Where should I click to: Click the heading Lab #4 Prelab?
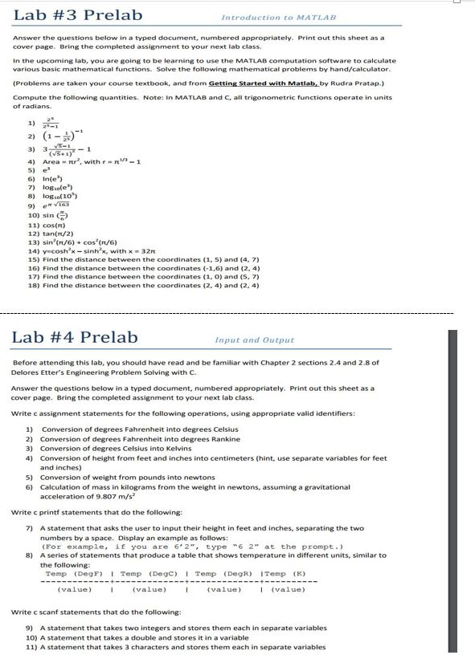tap(75, 337)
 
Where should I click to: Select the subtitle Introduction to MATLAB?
tap(278, 17)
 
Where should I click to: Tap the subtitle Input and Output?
tap(255, 340)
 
